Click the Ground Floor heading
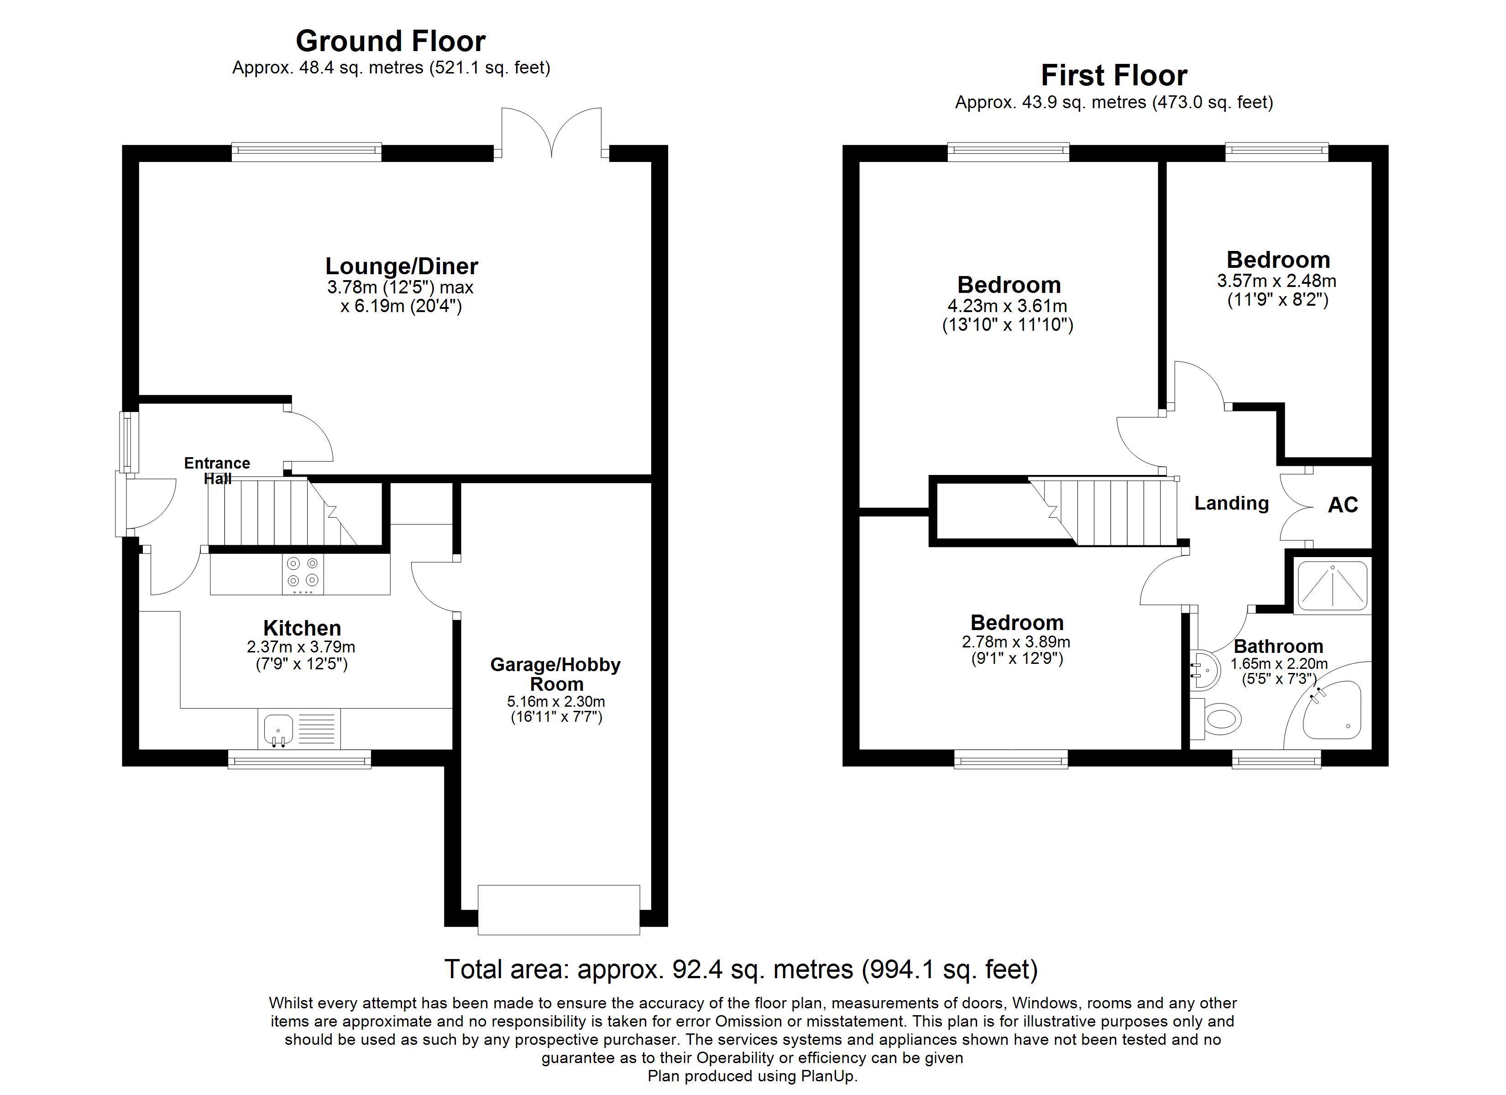coord(391,41)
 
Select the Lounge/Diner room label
coord(401,266)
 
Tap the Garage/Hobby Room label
coord(556,674)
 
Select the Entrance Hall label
coord(217,470)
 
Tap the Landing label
coord(1231,503)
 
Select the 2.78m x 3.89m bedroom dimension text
coord(1016,642)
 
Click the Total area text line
coord(740,970)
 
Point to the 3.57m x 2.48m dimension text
coord(1277,281)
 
